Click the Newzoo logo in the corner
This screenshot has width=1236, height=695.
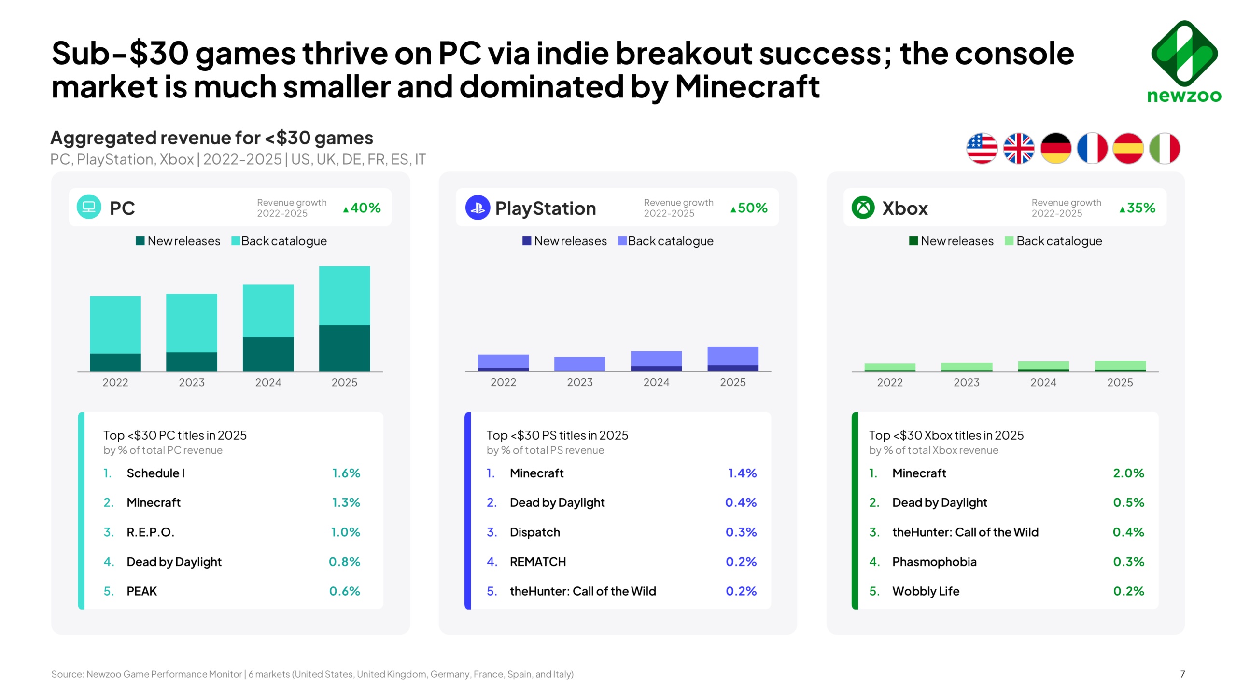(x=1184, y=61)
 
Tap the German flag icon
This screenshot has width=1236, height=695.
(x=1055, y=148)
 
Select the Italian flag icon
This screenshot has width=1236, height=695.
(x=1164, y=148)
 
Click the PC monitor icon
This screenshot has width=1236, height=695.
(x=89, y=207)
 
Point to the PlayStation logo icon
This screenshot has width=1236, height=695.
(x=477, y=208)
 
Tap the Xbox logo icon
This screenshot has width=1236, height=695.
(x=863, y=208)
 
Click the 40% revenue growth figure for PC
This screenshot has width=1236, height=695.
(x=362, y=208)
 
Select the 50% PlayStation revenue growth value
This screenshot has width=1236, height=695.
(x=749, y=208)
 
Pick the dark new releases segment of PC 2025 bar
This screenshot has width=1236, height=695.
(x=344, y=348)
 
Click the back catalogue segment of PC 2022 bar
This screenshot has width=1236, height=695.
(x=115, y=324)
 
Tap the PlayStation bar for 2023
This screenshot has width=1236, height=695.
(x=579, y=363)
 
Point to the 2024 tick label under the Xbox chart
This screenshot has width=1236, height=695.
(x=1043, y=382)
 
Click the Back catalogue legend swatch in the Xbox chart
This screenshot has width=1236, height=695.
(x=1009, y=241)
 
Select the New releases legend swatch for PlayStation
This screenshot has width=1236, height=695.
(x=527, y=241)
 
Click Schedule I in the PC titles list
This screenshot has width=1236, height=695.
(x=155, y=473)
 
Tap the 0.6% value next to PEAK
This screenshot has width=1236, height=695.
(x=345, y=591)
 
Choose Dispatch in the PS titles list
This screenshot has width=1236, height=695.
(x=535, y=532)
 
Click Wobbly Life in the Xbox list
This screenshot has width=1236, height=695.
(x=926, y=591)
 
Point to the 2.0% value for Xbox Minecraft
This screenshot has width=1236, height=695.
(x=1128, y=473)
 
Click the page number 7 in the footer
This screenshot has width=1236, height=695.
(x=1182, y=674)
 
